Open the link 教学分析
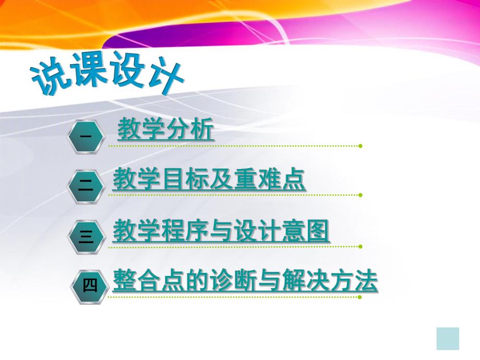pos(165,130)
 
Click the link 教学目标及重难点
pos(209,180)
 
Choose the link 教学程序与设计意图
pos(221,231)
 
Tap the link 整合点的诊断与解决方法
pos(245,282)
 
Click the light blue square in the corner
pos(448,339)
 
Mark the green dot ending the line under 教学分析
pos(360,146)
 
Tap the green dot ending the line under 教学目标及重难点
pos(360,195)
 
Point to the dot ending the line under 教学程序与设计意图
pos(360,246)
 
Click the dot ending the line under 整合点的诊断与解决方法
pos(360,297)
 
